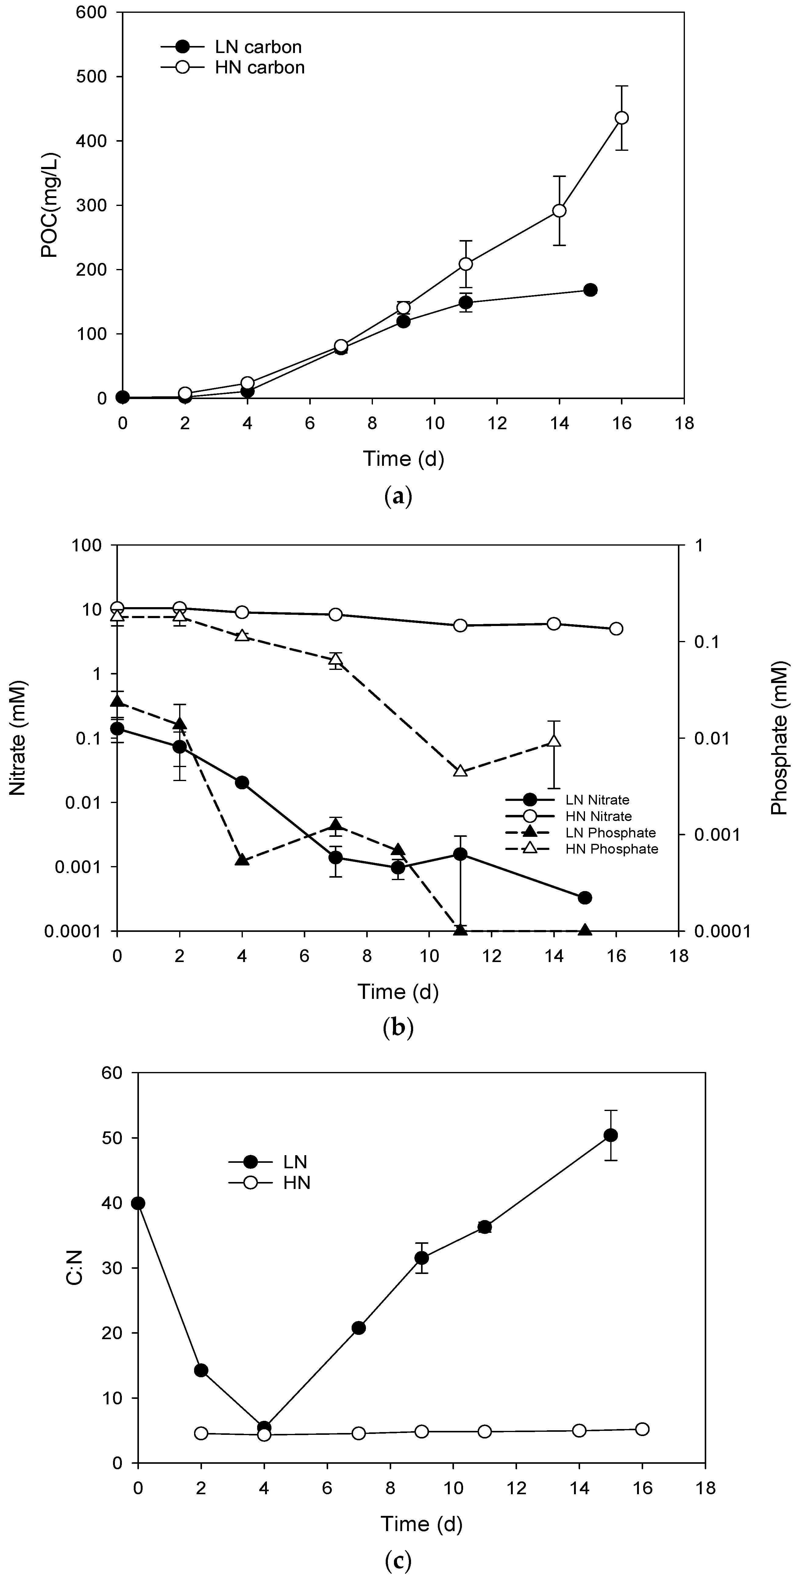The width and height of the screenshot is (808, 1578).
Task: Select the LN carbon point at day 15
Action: pos(590,290)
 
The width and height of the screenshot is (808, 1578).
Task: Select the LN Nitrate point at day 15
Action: pos(585,897)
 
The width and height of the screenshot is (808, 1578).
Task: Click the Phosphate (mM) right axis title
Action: pos(779,738)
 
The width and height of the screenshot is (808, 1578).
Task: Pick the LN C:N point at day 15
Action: pos(611,1135)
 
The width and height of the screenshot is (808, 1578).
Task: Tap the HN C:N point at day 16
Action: pos(642,1429)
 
